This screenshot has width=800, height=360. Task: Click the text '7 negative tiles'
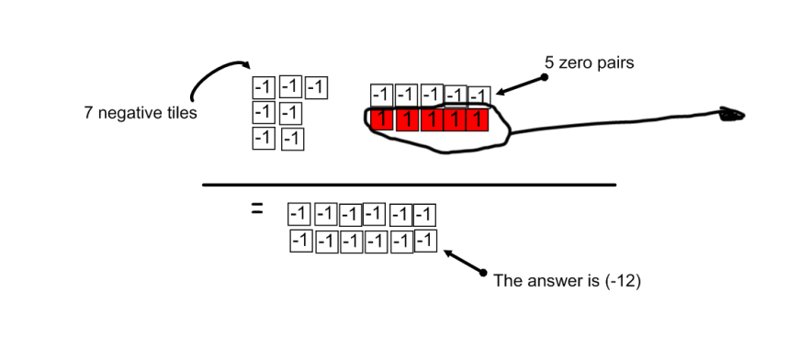pos(140,114)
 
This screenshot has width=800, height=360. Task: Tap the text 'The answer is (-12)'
pos(567,281)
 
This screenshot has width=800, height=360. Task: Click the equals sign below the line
pos(257,210)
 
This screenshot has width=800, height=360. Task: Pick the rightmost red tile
pos(477,119)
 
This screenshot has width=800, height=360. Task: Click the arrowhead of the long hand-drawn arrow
pos(731,115)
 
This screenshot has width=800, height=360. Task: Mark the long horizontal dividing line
pos(409,185)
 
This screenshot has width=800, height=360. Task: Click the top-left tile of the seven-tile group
pos(264,88)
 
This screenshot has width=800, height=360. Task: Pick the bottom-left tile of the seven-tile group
pos(264,139)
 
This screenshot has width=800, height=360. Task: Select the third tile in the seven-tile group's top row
pos(316,88)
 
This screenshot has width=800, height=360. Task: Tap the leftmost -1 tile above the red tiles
pos(381,95)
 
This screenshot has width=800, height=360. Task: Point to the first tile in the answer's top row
pos(299,214)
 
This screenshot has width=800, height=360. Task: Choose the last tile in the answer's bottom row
pos(424,241)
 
